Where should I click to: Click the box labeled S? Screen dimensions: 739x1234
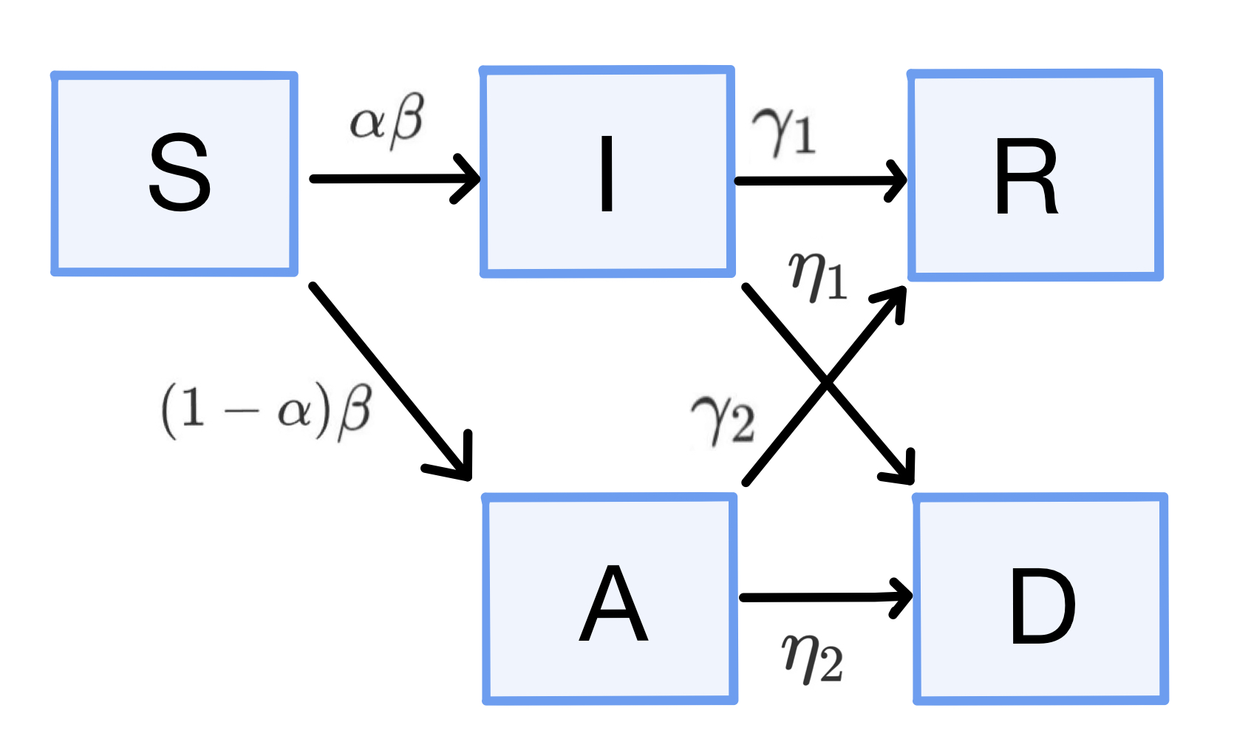(x=174, y=174)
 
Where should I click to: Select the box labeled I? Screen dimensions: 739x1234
(x=607, y=172)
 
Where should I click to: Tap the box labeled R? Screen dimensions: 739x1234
(x=1034, y=175)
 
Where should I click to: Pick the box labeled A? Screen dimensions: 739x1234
(x=610, y=599)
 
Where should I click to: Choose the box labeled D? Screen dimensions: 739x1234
(x=1040, y=599)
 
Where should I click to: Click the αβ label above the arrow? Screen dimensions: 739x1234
(x=387, y=120)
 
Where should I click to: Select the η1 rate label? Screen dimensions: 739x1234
(x=817, y=276)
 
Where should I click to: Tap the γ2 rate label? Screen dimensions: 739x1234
(x=723, y=418)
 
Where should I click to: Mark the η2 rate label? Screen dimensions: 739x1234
(x=812, y=658)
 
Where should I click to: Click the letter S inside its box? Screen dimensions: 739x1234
(x=180, y=173)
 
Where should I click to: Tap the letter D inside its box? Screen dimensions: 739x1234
(x=1042, y=606)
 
